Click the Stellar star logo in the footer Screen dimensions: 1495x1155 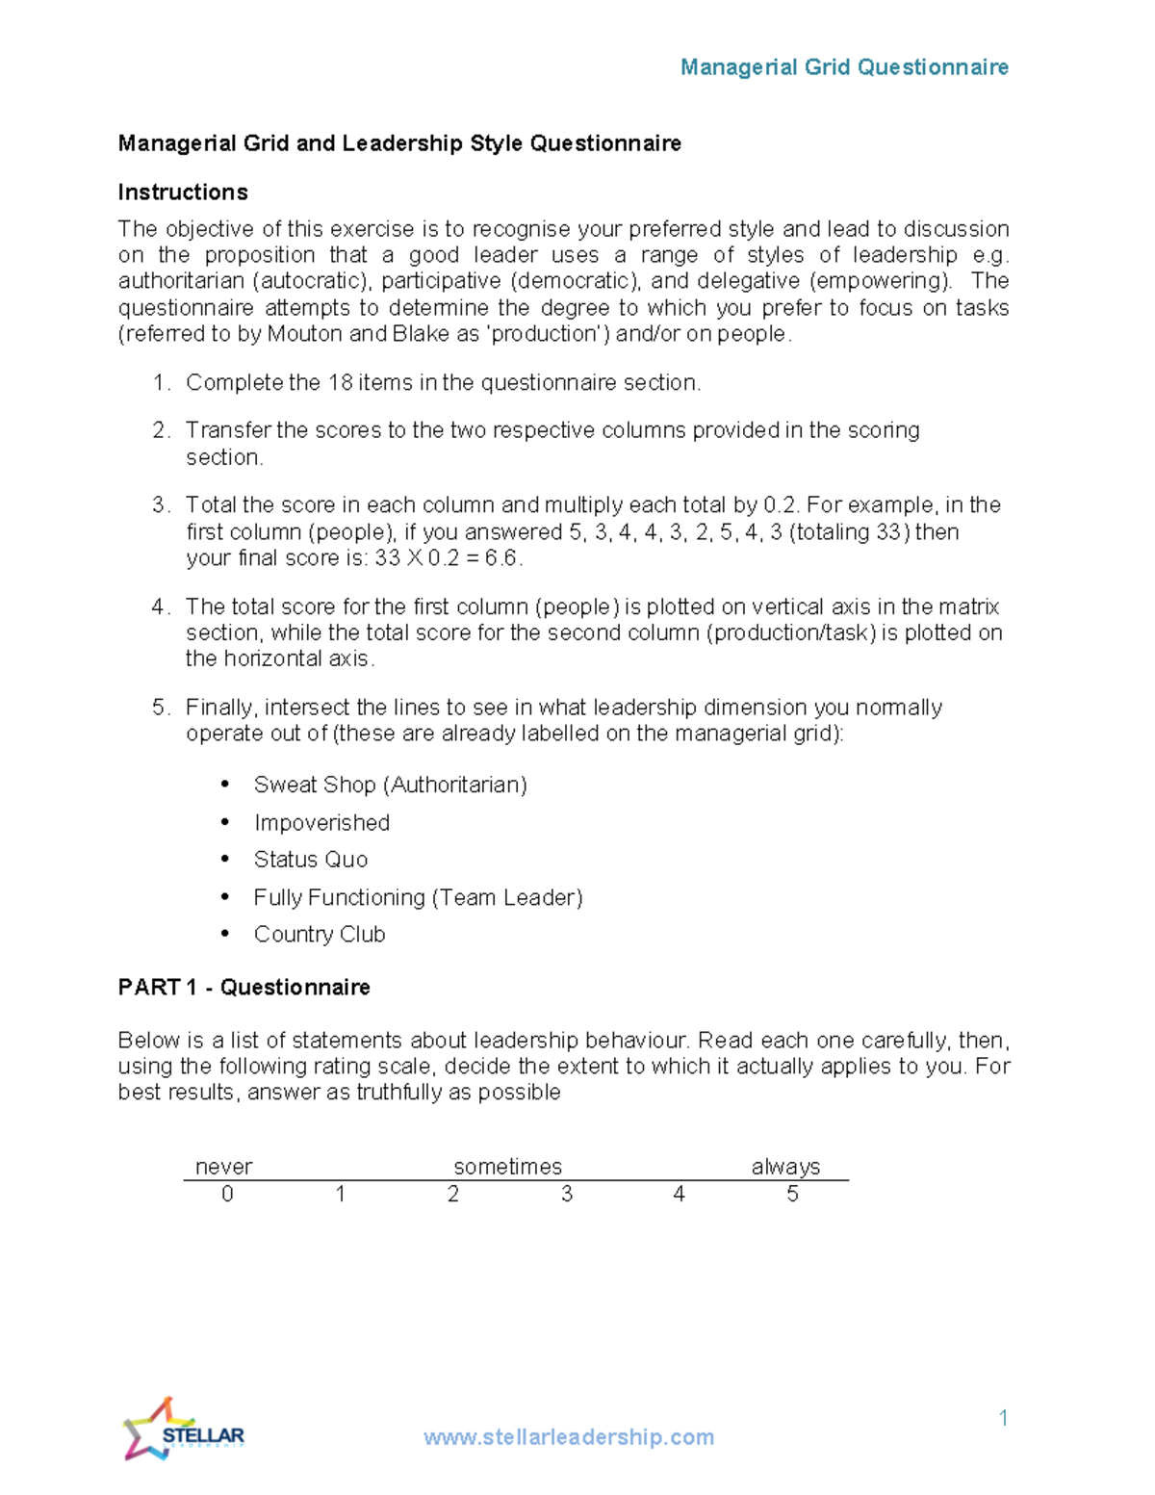[x=182, y=1430]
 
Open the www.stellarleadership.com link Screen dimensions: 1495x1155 [x=568, y=1437]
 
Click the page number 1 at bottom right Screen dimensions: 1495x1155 [x=1003, y=1417]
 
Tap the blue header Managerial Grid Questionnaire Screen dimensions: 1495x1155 [x=844, y=67]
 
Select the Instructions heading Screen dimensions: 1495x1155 [x=183, y=193]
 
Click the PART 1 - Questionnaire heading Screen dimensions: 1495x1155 [x=244, y=988]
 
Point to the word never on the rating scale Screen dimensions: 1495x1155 [x=223, y=1167]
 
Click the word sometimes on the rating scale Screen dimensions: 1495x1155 [x=507, y=1167]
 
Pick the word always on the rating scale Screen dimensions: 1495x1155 [x=785, y=1167]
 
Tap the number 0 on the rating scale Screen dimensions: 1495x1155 [x=227, y=1195]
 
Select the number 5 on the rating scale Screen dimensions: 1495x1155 [x=792, y=1195]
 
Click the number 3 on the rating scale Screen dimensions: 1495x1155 [x=567, y=1195]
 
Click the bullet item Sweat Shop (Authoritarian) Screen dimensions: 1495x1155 [x=390, y=785]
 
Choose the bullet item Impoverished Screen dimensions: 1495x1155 [x=321, y=823]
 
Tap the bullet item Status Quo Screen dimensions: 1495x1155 [x=310, y=860]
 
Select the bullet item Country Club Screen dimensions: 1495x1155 [x=319, y=935]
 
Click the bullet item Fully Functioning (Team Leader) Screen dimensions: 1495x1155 [x=418, y=897]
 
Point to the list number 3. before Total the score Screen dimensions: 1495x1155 [x=160, y=505]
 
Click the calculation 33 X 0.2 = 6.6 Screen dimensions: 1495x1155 [x=448, y=558]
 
